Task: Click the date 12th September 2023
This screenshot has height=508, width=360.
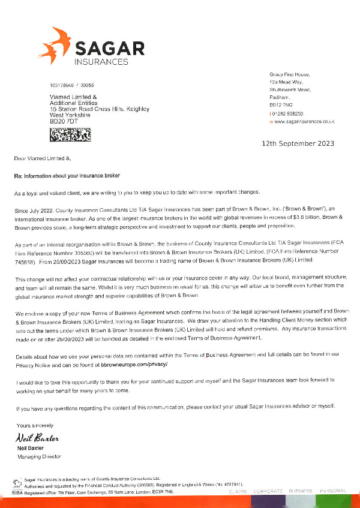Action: (x=298, y=144)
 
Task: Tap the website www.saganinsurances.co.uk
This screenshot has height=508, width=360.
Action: (x=304, y=121)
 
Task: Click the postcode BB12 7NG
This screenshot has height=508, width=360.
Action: (x=280, y=105)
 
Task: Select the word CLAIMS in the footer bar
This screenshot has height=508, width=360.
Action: (x=237, y=491)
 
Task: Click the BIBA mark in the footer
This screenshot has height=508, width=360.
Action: (x=17, y=491)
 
